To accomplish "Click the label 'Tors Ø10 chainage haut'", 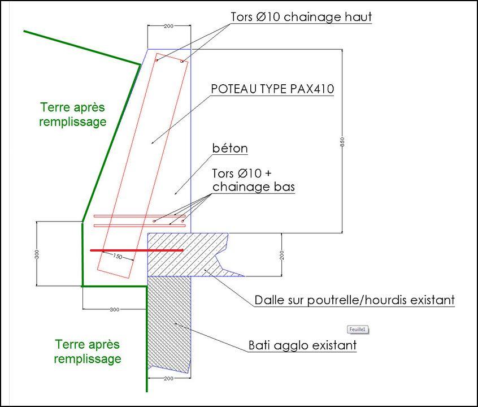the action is tap(301, 17).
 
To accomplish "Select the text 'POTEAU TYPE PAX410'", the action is tap(272, 89).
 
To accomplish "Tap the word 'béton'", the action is tap(230, 149).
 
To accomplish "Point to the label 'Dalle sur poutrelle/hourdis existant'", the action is tap(354, 300).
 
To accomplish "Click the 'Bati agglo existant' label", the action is tap(302, 344).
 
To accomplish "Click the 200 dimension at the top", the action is tap(168, 26).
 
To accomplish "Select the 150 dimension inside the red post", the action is tap(118, 256).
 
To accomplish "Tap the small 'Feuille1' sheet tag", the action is tap(357, 329).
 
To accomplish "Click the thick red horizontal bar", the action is tap(137, 249).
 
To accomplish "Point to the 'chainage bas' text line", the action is tap(253, 187).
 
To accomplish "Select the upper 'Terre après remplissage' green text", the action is tap(73, 114).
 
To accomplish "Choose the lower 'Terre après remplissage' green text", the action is tap(88, 351).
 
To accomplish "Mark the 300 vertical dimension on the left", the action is tap(37, 254).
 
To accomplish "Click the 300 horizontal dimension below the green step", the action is tap(115, 310).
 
